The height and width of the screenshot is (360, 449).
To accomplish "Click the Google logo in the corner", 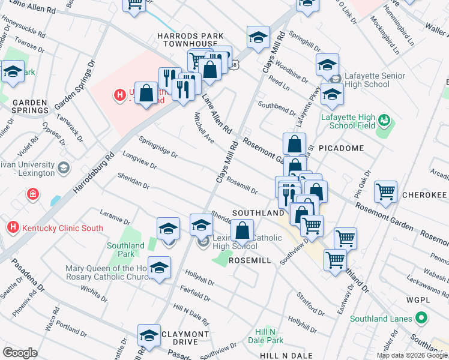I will tap(20, 353).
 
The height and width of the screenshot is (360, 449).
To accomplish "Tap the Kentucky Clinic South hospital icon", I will tap(13, 227).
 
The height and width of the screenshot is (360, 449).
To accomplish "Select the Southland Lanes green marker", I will tap(422, 319).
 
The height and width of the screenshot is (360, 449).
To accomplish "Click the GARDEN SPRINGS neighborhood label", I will tap(30, 106).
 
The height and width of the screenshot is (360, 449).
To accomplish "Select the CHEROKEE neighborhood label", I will tap(424, 196).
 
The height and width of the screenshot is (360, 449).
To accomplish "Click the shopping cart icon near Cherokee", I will tap(385, 193).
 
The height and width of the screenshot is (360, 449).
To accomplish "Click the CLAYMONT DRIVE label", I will tap(184, 338).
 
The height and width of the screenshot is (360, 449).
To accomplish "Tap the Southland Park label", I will tap(126, 249).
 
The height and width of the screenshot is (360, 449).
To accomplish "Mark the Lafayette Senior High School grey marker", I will tap(336, 78).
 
